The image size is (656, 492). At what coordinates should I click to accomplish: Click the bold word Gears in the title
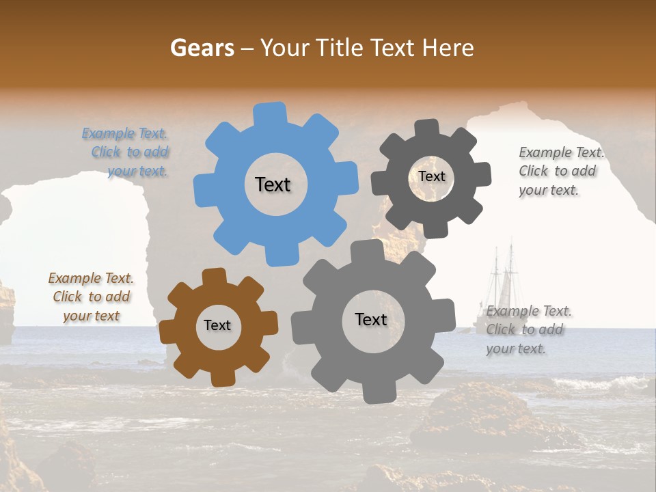pyautogui.click(x=202, y=48)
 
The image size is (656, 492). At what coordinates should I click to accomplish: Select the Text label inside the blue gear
pyautogui.click(x=273, y=184)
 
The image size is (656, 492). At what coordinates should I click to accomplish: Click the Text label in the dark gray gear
pyautogui.click(x=431, y=176)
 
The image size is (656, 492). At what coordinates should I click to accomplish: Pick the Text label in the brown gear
pyautogui.click(x=217, y=326)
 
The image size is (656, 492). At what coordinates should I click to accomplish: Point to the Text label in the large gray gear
pyautogui.click(x=371, y=319)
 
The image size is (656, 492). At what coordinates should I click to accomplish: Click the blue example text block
pyautogui.click(x=126, y=152)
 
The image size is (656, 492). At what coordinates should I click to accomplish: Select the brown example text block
pyautogui.click(x=91, y=297)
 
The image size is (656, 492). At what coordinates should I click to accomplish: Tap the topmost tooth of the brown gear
pyautogui.click(x=215, y=275)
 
